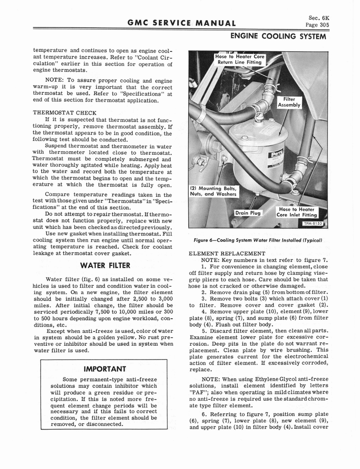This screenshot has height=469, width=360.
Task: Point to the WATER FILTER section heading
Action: [105, 265]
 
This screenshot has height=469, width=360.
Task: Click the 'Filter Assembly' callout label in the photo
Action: [289, 102]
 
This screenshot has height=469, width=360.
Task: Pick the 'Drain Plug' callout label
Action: [247, 213]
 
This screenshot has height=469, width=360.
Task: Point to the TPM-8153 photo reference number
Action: [313, 224]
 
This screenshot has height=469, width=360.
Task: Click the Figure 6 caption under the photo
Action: [258, 240]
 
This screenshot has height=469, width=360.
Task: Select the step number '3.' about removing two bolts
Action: [204, 298]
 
